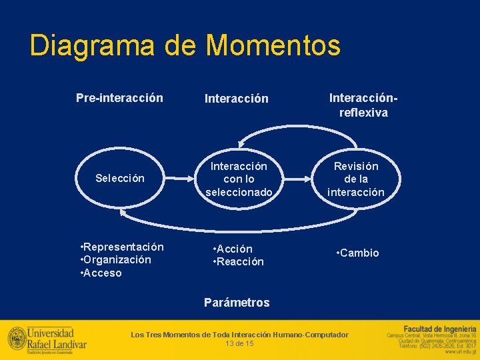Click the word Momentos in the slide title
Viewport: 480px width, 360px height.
coord(273,46)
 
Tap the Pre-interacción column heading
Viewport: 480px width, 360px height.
coord(119,98)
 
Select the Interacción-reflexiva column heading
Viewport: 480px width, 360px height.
coord(363,105)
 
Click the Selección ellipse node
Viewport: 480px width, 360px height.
coord(120,178)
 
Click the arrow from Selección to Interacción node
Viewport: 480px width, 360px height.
coord(179,179)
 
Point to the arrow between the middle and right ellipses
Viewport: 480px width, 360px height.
coord(297,179)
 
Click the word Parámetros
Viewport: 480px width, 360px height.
coord(237,303)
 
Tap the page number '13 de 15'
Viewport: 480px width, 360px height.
coord(239,343)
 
